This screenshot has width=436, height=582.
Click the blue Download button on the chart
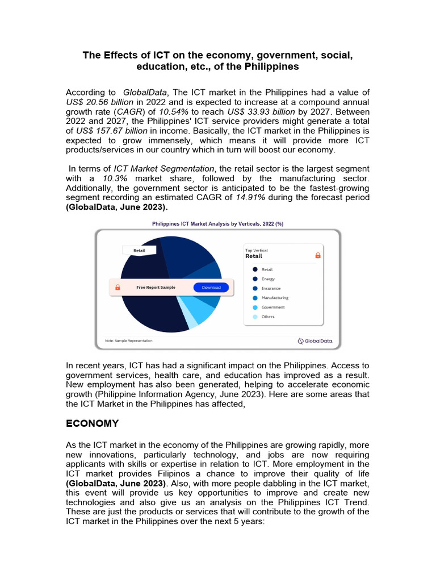point(211,288)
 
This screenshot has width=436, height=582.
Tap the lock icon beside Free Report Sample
point(118,288)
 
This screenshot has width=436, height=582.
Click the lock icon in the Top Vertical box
point(317,256)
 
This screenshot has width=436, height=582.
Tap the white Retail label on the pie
point(139,250)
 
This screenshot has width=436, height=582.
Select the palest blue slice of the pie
point(192,321)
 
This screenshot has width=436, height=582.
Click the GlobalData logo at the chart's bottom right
point(316,341)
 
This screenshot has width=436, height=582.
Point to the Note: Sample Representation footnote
point(128,341)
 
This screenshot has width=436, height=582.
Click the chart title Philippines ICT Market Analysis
point(217,224)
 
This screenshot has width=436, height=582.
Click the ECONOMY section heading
point(93,423)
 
